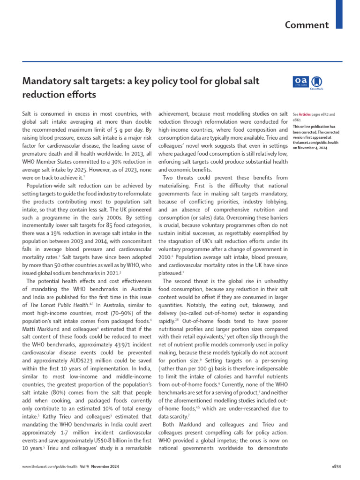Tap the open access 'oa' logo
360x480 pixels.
[x=300, y=82]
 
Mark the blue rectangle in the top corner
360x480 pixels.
[x=339, y=14]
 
